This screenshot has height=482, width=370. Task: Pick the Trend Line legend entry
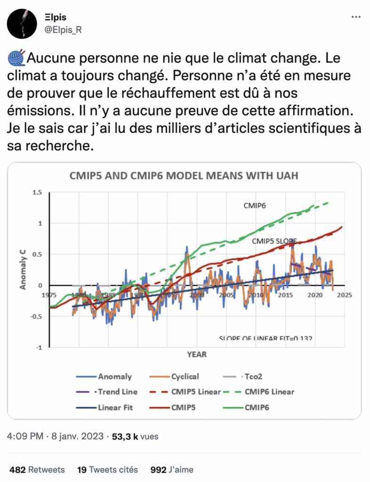coord(111,392)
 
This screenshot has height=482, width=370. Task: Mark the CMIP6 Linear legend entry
coord(263,392)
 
